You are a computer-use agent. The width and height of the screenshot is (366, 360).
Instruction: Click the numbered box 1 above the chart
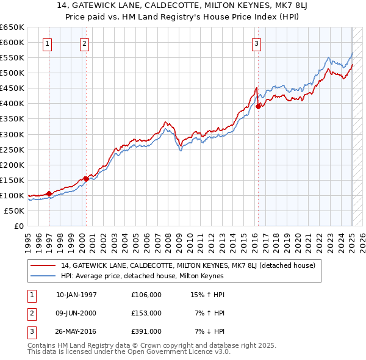tap(48, 43)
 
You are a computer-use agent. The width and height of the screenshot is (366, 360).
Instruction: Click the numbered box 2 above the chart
tap(84, 43)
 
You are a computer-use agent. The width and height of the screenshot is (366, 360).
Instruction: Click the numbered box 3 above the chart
tap(257, 43)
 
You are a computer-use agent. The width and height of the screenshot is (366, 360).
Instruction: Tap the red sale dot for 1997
tap(49, 193)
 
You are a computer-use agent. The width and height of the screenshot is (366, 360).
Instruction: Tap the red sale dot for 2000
tap(85, 179)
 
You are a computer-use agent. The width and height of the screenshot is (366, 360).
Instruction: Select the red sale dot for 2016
tap(258, 106)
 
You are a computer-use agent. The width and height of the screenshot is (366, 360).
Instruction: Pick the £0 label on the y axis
tap(19, 226)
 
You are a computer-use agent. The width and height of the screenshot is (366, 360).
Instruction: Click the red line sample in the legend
tap(43, 265)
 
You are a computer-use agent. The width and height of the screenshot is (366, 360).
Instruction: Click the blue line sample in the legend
tap(43, 276)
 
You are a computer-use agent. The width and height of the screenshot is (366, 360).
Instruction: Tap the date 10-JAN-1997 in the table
tap(76, 294)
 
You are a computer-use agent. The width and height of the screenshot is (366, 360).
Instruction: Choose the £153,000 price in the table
tap(146, 312)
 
